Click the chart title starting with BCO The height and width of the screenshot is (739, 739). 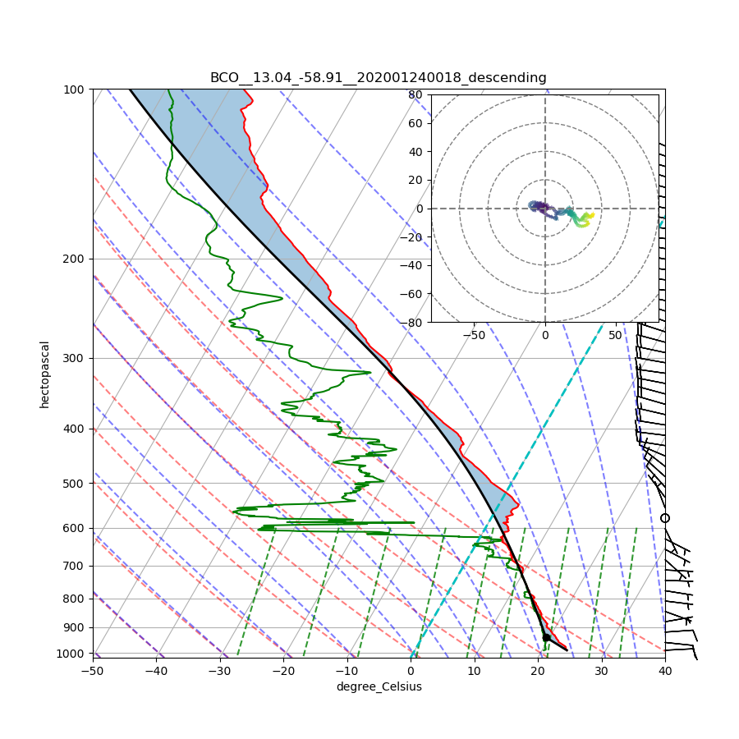pos(378,78)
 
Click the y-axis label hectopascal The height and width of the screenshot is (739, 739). pos(45,374)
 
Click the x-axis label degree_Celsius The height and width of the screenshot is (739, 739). pos(379,686)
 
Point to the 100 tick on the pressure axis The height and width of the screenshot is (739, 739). pos(76,89)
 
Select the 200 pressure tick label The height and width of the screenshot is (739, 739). pos(76,259)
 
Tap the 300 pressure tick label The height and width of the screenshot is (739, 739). pos(76,358)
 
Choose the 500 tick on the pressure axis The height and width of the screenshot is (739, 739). pos(76,483)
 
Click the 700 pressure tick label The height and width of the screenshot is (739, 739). pos(76,566)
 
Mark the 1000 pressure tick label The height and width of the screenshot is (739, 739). pos(73,654)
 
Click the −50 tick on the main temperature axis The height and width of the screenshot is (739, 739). pos(92,671)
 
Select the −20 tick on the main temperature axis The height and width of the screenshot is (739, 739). pos(283,671)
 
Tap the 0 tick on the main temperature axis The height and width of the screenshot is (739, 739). pos(411,671)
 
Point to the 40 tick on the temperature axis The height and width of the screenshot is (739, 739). pos(665,671)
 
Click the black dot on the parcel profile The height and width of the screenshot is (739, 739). pos(546,637)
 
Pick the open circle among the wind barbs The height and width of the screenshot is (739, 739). pos(665,518)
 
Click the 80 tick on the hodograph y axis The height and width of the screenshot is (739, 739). pos(415,94)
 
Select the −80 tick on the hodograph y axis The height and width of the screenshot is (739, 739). pos(412,323)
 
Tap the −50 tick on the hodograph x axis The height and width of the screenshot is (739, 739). pos(474,335)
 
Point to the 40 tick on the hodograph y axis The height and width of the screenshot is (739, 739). pos(415,152)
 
